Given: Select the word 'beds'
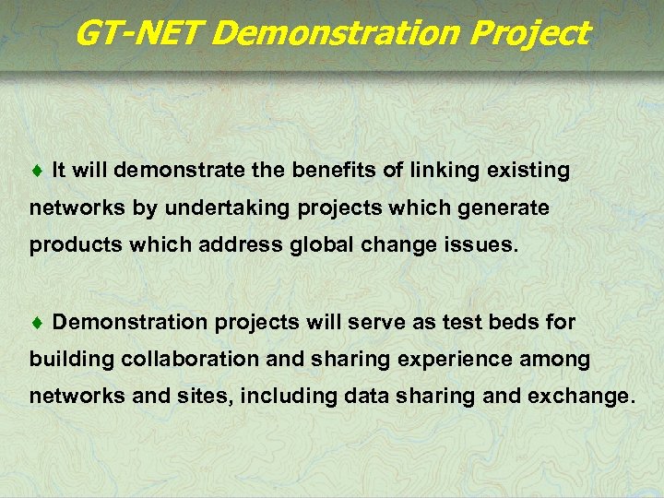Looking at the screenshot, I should (x=524, y=323).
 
